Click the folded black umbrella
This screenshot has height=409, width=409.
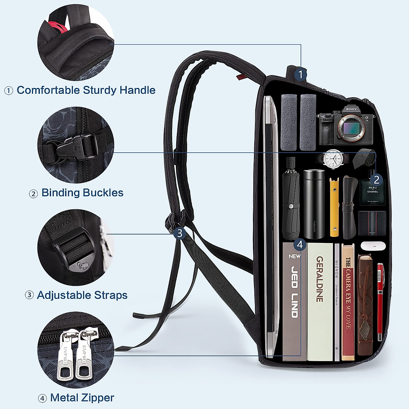point(291,198)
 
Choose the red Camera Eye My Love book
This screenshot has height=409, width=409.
point(348,302)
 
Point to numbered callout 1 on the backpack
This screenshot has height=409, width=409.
point(300,74)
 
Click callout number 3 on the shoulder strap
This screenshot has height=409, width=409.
point(179,233)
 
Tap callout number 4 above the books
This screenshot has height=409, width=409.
point(300,244)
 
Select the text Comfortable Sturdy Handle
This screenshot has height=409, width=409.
point(86,90)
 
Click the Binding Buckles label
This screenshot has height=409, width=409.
point(82,193)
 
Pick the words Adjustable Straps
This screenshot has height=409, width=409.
point(82,295)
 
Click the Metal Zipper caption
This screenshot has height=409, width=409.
point(82,397)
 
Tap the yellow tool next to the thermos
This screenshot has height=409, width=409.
point(334,207)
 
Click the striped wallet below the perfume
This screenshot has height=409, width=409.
point(372,223)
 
